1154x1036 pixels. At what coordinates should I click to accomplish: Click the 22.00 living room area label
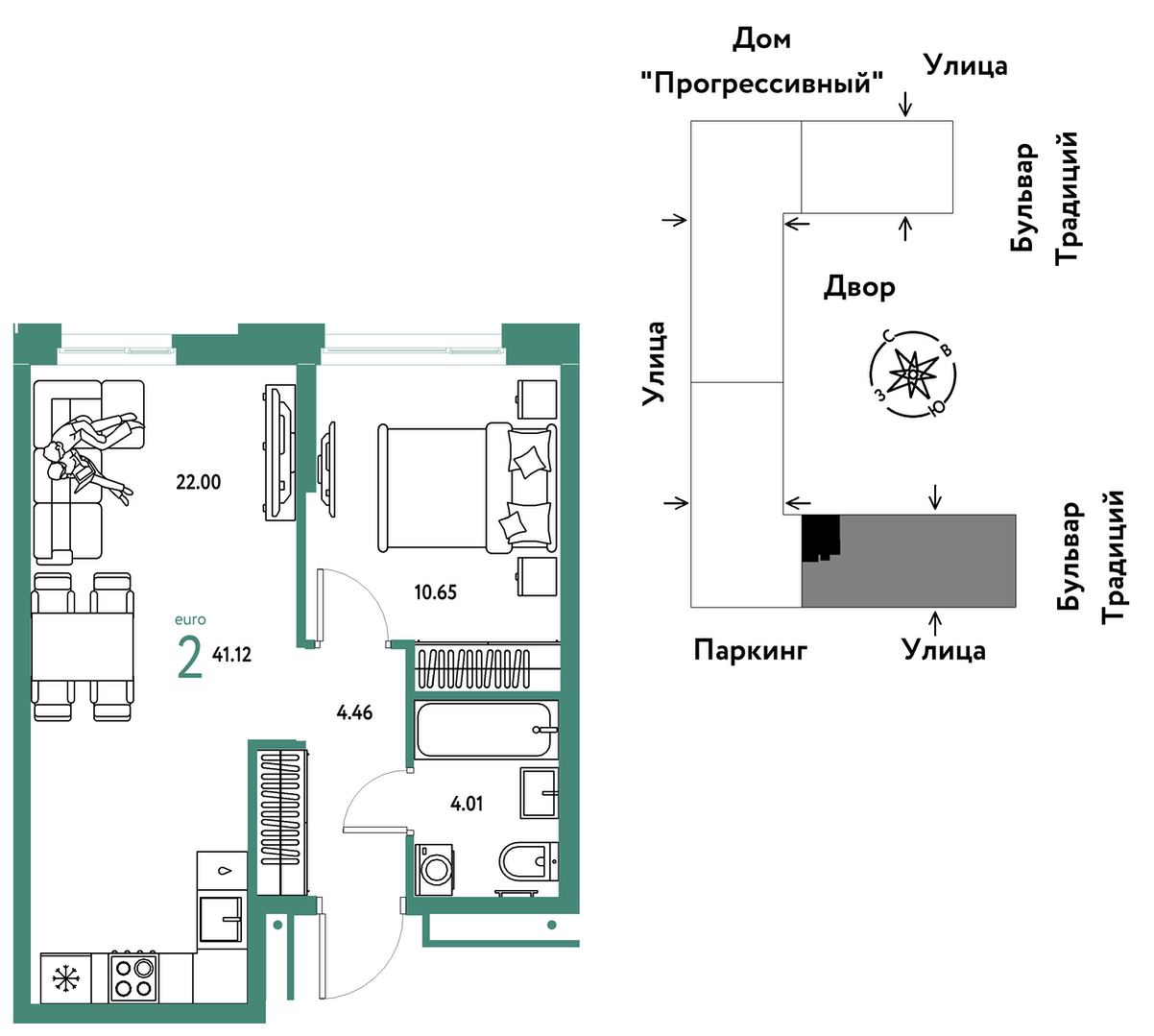[x=198, y=482]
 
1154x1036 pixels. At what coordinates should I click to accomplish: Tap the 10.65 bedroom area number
[x=435, y=592]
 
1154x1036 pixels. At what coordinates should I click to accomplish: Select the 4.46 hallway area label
[x=354, y=712]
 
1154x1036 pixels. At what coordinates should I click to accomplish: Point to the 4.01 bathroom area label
[x=467, y=804]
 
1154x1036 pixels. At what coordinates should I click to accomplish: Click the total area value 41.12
[x=231, y=655]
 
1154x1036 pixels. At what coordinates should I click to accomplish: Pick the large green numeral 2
[x=190, y=658]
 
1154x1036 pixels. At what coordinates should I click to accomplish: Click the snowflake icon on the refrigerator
[x=66, y=979]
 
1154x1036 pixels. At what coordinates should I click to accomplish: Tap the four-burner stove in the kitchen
[x=133, y=976]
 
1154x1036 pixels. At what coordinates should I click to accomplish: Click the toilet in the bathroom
[x=528, y=861]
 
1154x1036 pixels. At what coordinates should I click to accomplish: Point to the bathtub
[x=486, y=730]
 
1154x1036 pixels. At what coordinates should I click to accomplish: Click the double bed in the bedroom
[x=467, y=488]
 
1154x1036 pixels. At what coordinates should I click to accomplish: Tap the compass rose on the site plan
[x=912, y=374]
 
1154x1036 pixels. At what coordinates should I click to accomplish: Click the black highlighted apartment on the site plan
[x=820, y=537]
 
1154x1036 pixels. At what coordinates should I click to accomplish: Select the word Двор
[x=859, y=287]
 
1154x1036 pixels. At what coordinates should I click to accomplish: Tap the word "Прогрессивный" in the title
[x=762, y=84]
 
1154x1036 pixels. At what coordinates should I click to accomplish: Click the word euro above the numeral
[x=190, y=619]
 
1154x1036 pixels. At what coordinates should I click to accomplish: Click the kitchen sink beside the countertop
[x=221, y=920]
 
